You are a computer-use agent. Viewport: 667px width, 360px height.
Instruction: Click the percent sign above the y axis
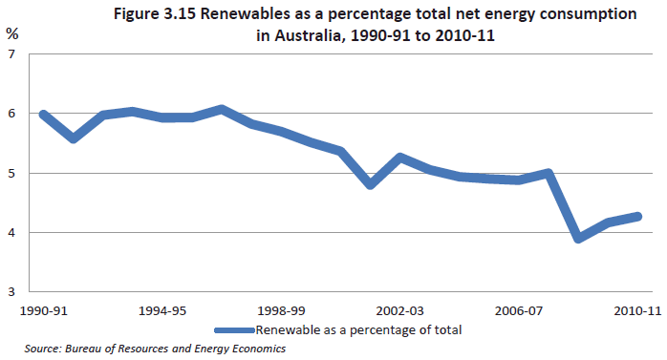[11, 32]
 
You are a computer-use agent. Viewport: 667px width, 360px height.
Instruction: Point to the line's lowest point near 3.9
[579, 238]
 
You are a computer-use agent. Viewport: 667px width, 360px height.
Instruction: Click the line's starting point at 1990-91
[42, 114]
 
